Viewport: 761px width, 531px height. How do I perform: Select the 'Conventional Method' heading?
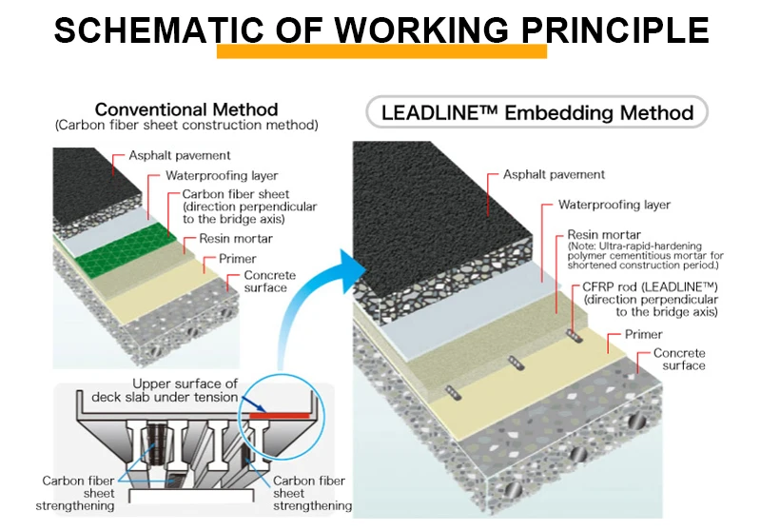click(x=186, y=109)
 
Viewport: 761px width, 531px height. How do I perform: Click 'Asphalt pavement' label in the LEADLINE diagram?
click(x=554, y=174)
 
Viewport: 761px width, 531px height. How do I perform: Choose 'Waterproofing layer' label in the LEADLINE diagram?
click(x=614, y=205)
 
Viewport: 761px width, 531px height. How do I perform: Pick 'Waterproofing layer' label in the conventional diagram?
click(x=222, y=175)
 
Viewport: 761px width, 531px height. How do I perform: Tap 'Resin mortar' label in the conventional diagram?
click(x=235, y=239)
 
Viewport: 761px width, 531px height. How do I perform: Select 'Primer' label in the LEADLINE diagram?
click(x=643, y=334)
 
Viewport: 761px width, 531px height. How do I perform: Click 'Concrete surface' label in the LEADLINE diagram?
click(x=679, y=359)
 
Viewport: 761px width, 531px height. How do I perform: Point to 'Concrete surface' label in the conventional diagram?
click(x=269, y=282)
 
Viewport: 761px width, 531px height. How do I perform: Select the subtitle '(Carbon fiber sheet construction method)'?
click(x=186, y=125)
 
